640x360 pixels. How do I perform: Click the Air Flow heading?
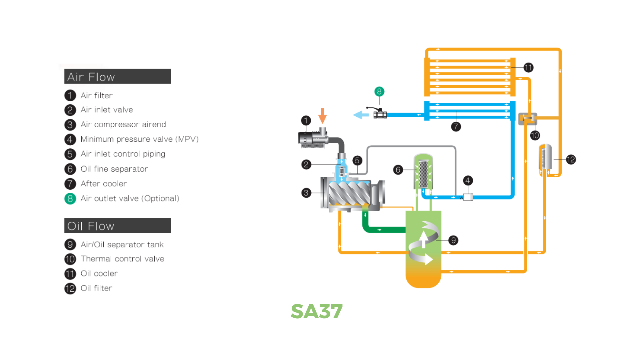click(x=91, y=77)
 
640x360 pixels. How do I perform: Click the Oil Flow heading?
click(x=91, y=226)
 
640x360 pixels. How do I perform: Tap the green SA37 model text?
click(x=316, y=311)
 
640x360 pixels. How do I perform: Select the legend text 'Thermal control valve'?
click(x=122, y=259)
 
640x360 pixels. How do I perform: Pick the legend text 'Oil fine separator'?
click(x=114, y=169)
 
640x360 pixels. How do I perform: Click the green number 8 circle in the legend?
click(x=70, y=198)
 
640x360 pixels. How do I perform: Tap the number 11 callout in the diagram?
click(x=528, y=68)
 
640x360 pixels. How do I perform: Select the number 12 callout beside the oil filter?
click(x=571, y=160)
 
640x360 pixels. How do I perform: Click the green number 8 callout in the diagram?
click(x=379, y=91)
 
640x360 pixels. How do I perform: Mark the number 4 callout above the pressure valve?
click(x=468, y=180)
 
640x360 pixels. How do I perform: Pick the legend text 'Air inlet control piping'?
click(x=123, y=154)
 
